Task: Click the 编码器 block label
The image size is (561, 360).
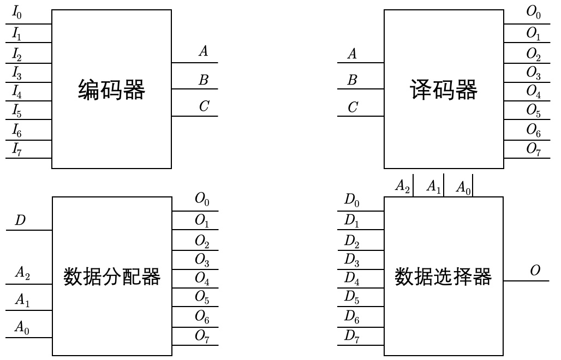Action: click(x=112, y=90)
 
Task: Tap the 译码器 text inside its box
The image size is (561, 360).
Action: click(x=444, y=90)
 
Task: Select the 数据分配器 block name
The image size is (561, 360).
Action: click(x=112, y=277)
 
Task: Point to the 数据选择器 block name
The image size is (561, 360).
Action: click(x=443, y=277)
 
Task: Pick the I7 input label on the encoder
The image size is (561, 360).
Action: click(x=17, y=148)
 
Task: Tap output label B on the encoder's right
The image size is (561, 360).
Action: click(x=204, y=80)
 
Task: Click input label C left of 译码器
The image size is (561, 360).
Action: click(x=353, y=107)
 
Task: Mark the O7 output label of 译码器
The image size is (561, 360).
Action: click(x=533, y=148)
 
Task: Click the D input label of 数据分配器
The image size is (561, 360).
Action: click(x=19, y=220)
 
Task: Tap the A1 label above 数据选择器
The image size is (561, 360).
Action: click(x=433, y=187)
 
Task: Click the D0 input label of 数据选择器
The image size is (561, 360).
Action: click(x=351, y=203)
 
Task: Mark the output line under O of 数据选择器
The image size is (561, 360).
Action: click(x=525, y=280)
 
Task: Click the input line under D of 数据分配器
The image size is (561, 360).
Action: click(x=29, y=230)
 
